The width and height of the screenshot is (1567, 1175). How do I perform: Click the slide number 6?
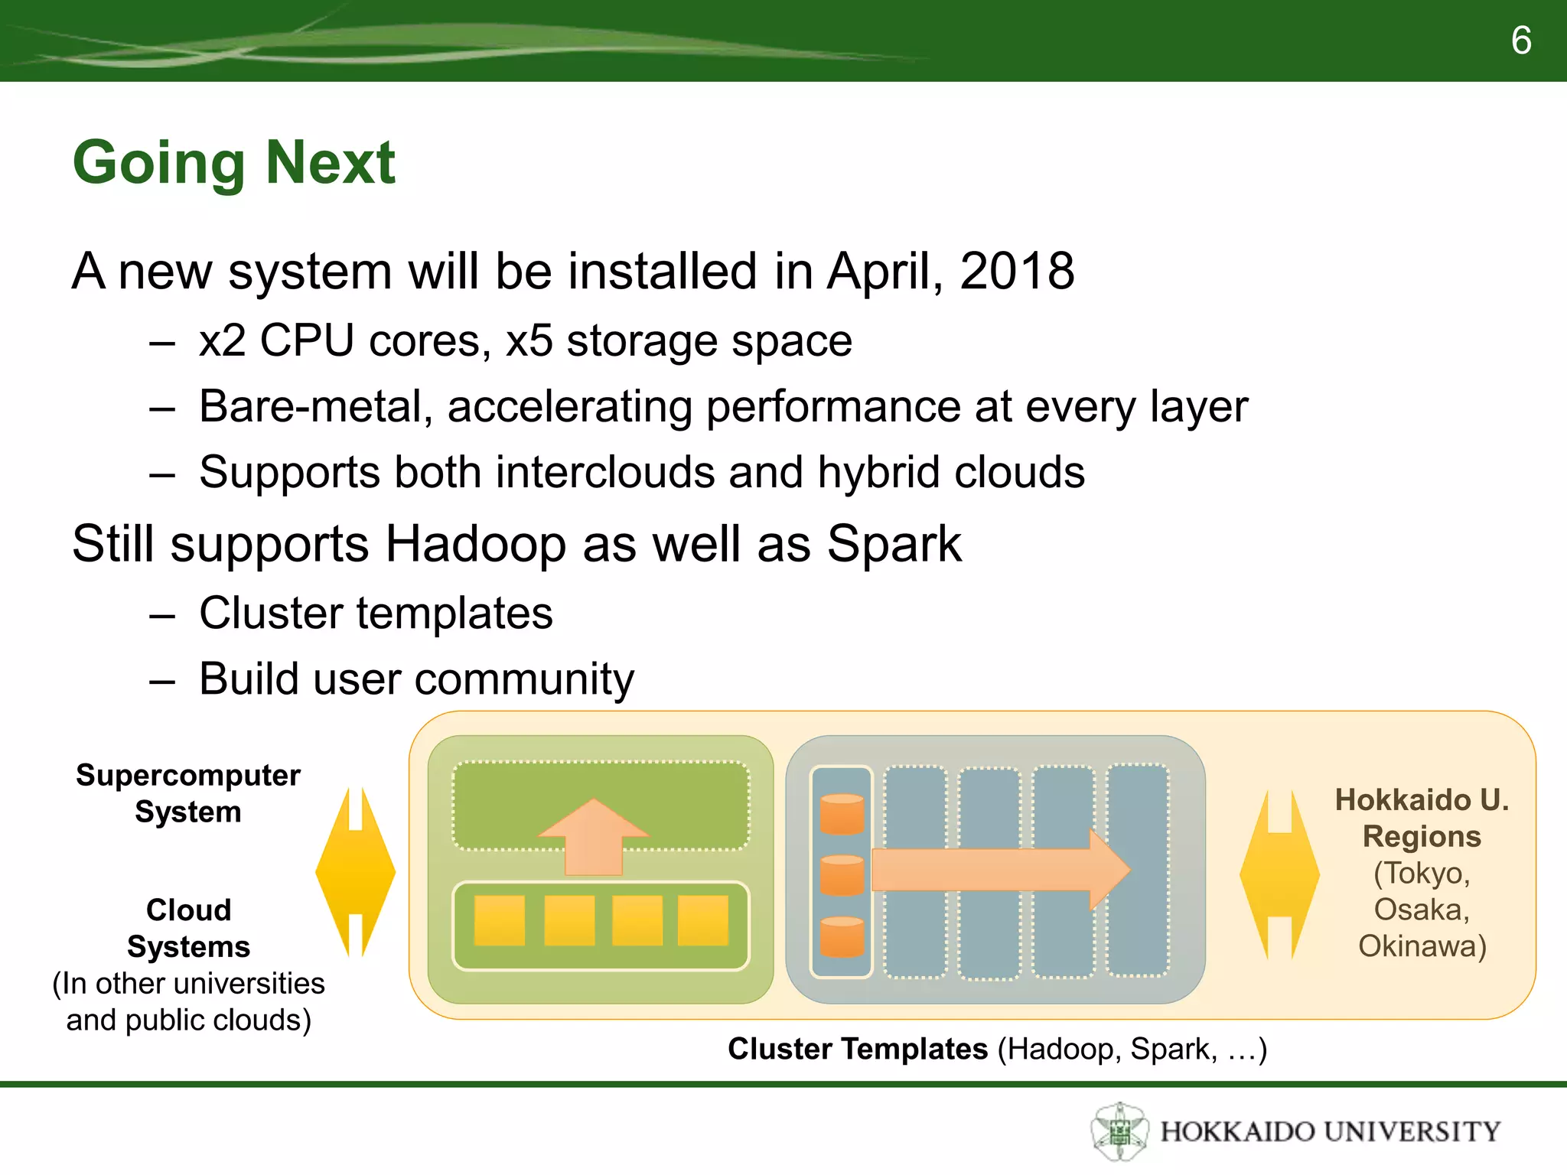point(1520,41)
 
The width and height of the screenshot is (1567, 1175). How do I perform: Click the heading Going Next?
point(233,162)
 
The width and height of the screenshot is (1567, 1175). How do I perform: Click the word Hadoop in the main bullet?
point(475,545)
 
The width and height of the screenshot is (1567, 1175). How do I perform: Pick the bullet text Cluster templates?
point(376,614)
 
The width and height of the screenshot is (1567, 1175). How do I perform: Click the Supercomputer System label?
point(188,793)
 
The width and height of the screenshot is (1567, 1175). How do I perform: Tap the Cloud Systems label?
point(188,928)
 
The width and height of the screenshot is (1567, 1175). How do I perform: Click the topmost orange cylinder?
point(842,814)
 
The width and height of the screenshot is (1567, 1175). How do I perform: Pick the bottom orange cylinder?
point(842,936)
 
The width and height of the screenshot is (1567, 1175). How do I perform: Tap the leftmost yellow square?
point(499,920)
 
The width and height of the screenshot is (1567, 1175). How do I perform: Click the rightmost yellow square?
point(702,920)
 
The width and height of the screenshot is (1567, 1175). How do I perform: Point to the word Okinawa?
point(1422,946)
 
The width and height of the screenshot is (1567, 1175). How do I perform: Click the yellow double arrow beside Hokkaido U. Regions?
point(1279,874)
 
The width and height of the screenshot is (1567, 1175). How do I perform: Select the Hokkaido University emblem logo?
point(1119,1131)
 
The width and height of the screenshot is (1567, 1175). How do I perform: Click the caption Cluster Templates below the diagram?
point(857,1049)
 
